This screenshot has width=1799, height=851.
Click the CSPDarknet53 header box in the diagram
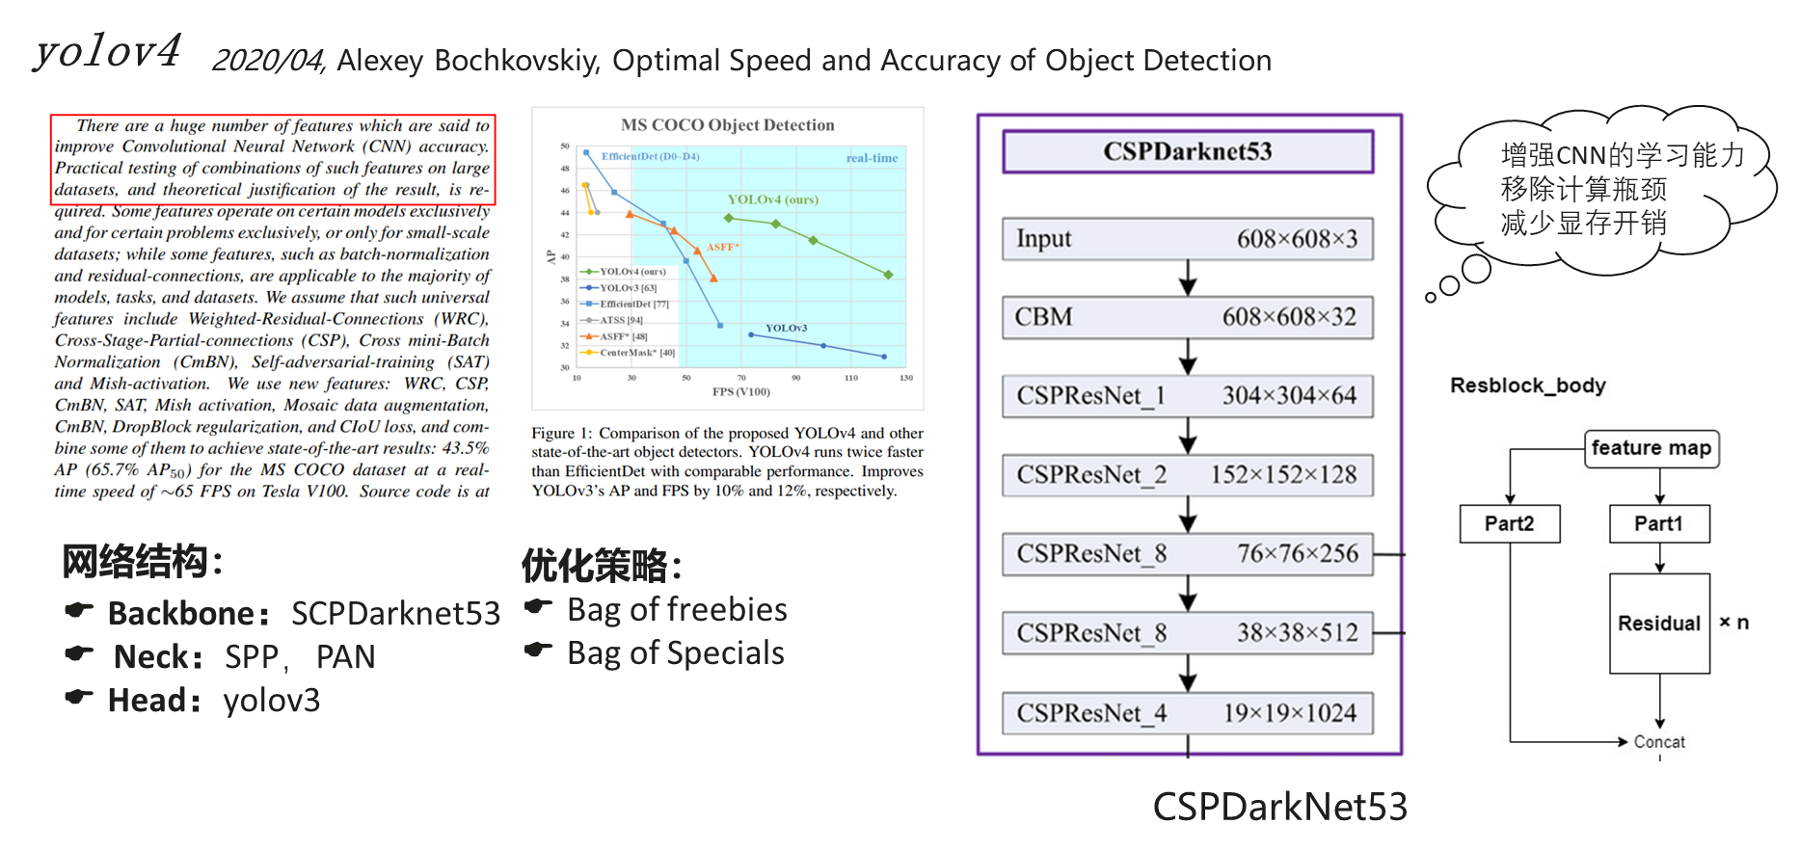click(1188, 151)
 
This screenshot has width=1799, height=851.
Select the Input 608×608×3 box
click(1188, 239)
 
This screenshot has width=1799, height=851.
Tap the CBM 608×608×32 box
click(1188, 317)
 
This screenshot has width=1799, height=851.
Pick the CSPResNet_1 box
click(1188, 396)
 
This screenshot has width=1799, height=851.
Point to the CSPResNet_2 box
click(1188, 475)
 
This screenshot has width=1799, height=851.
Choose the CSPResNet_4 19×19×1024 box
click(1188, 713)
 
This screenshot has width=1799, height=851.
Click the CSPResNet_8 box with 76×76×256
click(1188, 554)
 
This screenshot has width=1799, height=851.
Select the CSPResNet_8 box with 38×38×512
click(1188, 633)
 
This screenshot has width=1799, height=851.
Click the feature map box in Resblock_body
click(1651, 448)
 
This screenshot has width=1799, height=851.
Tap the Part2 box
click(1509, 523)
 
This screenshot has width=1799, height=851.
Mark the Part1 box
click(1658, 523)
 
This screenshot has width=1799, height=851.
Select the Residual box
click(1658, 624)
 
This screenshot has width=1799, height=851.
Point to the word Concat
click(1659, 742)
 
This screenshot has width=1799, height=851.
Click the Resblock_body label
click(1528, 386)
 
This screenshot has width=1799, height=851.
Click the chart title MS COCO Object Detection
click(727, 125)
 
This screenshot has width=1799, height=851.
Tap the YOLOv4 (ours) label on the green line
click(772, 199)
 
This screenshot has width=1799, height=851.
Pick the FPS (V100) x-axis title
click(740, 391)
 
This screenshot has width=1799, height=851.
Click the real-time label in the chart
click(872, 158)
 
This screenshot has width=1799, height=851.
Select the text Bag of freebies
click(677, 610)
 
